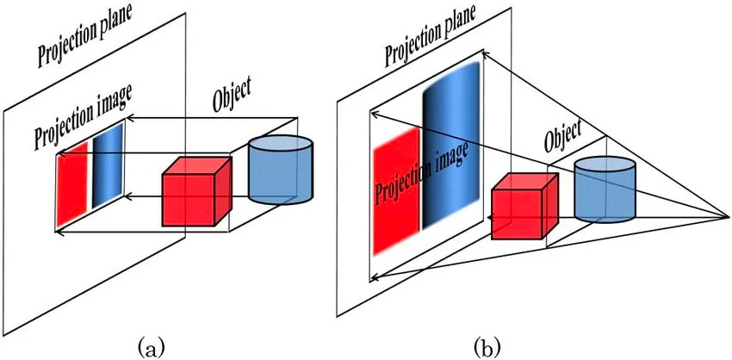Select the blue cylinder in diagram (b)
605,191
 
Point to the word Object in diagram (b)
563,133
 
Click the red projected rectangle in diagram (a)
72,186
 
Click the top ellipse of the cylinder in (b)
605,164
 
